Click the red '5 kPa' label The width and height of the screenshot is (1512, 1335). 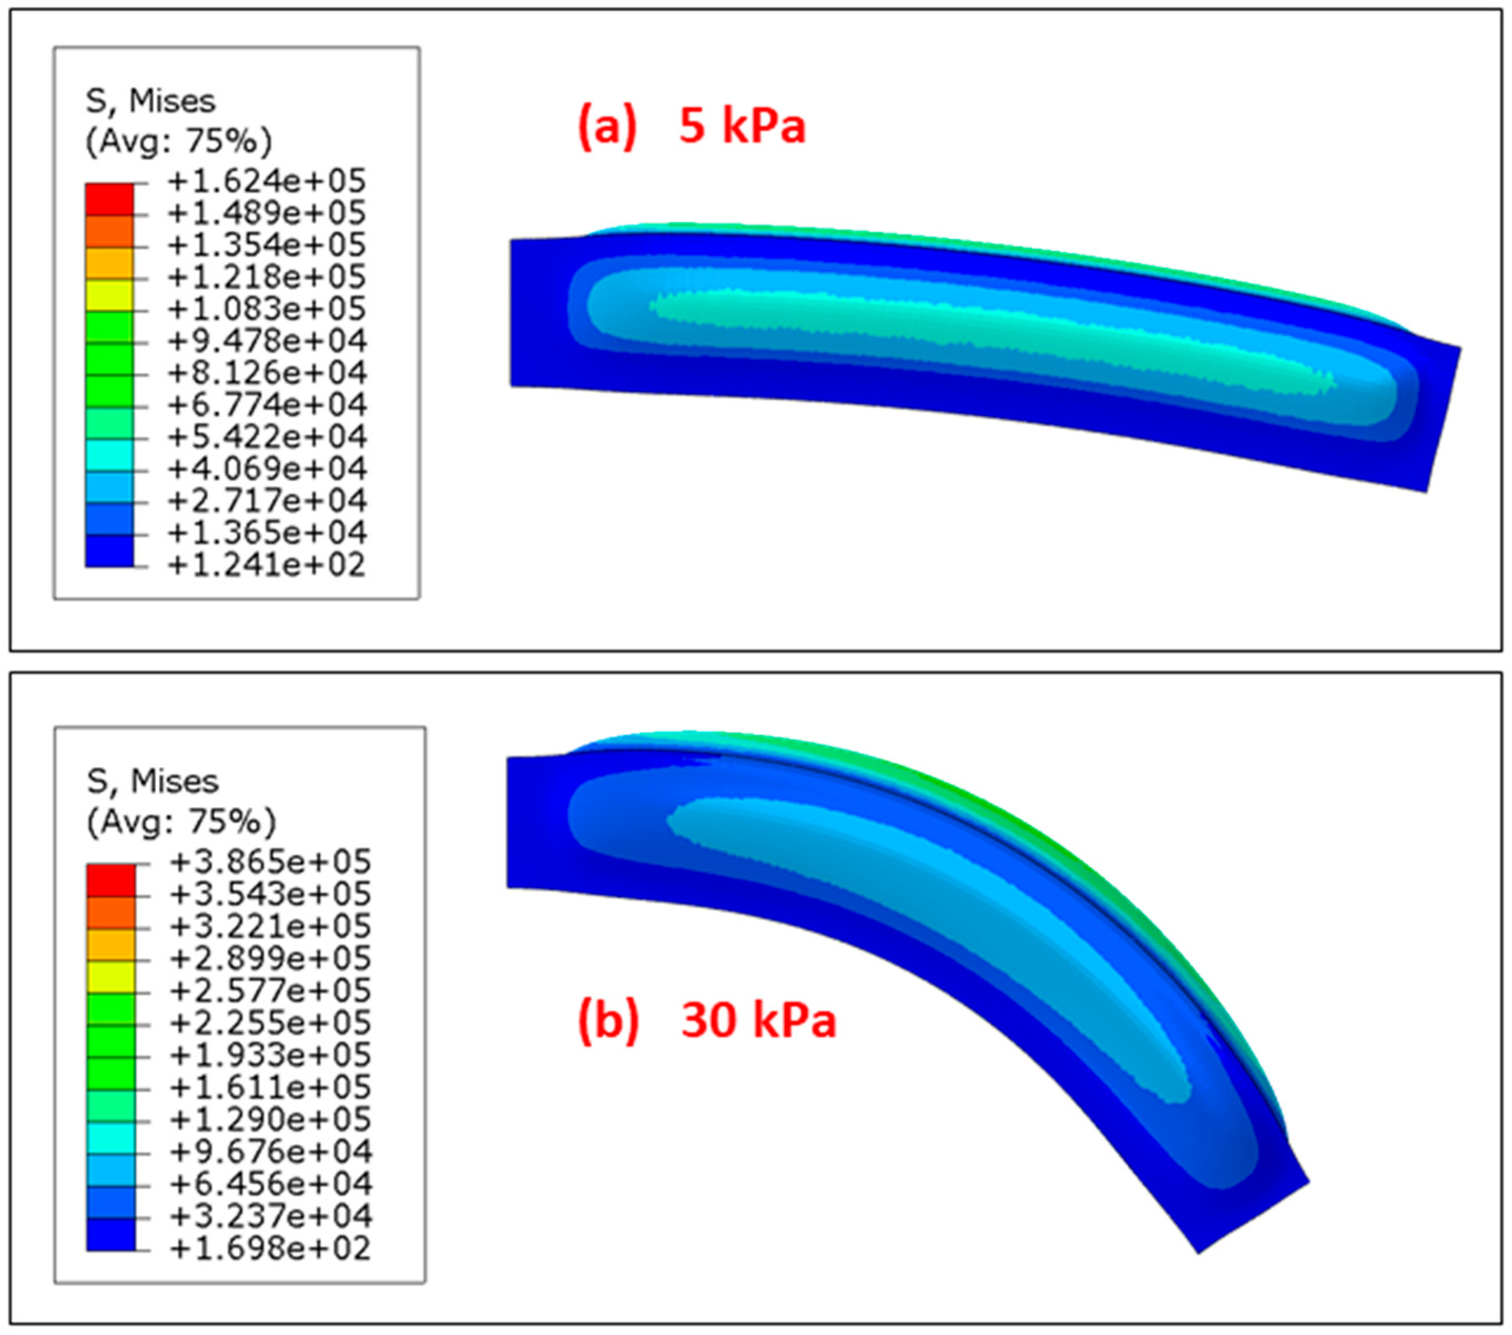742,126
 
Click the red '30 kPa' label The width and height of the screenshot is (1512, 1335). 758,1021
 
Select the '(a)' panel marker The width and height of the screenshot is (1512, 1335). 607,126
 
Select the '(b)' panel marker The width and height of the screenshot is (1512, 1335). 608,1021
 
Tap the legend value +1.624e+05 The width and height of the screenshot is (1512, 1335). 267,181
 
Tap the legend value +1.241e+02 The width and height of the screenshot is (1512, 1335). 267,565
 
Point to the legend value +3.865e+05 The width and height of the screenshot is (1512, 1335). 271,862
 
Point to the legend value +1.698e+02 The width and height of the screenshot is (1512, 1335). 271,1249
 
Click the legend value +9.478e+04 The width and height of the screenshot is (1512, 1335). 267,341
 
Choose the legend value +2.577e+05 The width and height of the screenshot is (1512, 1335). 271,991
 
